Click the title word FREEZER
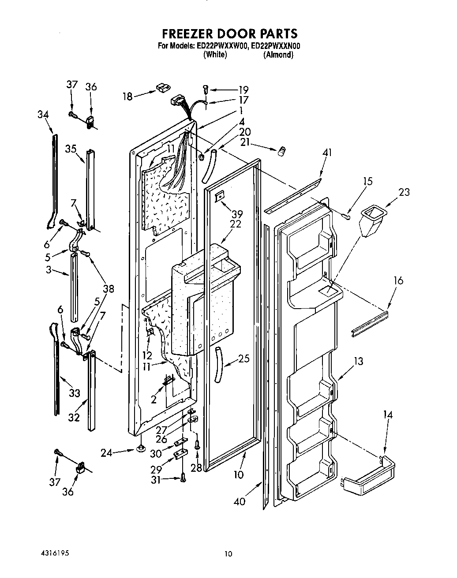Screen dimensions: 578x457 tap(189, 34)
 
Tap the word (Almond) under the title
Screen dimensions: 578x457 tap(278, 55)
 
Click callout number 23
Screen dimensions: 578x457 tap(404, 192)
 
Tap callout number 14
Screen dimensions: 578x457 tap(388, 414)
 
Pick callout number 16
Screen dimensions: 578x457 tap(398, 280)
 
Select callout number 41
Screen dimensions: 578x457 tap(327, 153)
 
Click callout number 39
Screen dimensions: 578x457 tap(237, 214)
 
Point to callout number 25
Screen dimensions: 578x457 tap(243, 358)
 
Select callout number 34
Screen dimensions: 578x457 tap(43, 115)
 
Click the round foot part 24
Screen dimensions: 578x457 tap(141, 449)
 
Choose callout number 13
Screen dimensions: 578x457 tap(359, 362)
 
